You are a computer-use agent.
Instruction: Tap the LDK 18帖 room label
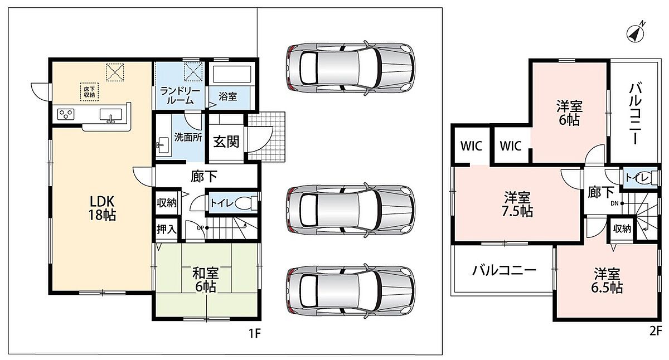point(102,208)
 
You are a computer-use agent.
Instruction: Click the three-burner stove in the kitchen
point(66,114)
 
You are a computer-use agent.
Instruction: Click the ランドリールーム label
point(180,95)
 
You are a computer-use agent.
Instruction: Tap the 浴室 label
point(227,96)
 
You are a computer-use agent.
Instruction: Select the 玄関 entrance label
point(226,142)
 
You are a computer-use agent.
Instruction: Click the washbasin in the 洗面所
point(163,145)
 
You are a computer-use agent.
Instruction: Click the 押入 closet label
point(167,229)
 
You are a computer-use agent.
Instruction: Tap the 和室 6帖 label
point(206,280)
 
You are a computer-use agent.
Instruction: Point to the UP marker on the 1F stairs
point(202,228)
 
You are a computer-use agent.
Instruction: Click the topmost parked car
point(351,68)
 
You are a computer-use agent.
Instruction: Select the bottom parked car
point(351,291)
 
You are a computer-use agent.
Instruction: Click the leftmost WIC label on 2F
point(471,146)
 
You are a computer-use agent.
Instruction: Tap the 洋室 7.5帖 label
point(517,204)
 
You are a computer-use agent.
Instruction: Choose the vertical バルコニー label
point(635,114)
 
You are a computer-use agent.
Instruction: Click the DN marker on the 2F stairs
point(617,203)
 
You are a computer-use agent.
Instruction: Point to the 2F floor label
point(656,332)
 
